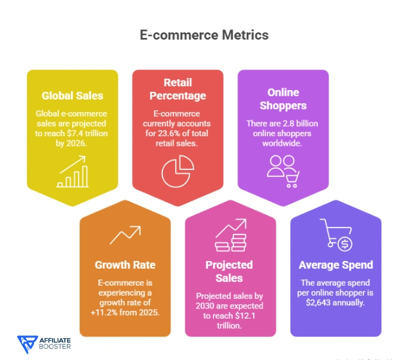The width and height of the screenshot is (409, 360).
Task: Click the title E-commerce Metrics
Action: tap(204, 35)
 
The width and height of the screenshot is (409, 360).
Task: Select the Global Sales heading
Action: tap(72, 95)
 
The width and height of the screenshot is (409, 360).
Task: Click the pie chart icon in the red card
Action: tap(178, 170)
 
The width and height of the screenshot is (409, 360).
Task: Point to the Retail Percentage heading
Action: tap(178, 89)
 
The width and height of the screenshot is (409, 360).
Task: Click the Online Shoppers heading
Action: tap(283, 99)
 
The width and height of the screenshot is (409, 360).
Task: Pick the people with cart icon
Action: tap(282, 171)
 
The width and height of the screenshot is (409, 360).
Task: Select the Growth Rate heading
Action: tap(125, 265)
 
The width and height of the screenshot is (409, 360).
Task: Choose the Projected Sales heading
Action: tap(230, 271)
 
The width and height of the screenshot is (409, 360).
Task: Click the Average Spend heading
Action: tap(336, 265)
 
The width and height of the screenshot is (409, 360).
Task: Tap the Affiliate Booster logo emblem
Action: tap(26, 343)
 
